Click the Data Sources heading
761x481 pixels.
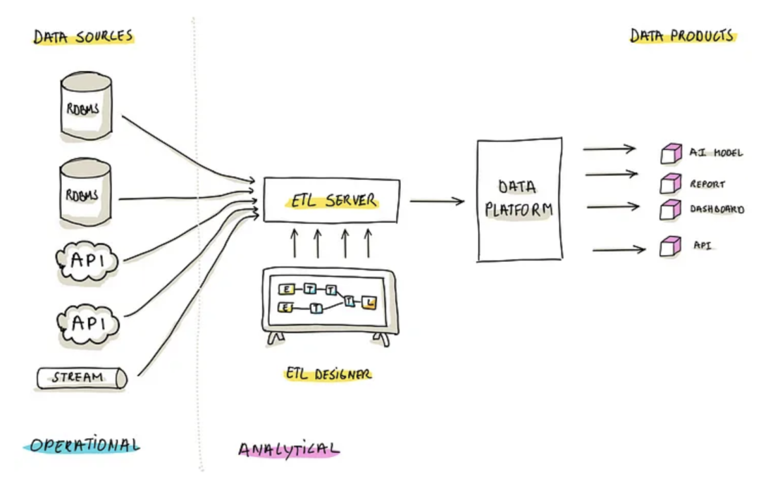[x=82, y=37]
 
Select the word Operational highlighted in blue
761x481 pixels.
[x=83, y=445]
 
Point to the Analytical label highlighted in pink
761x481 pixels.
[x=288, y=449]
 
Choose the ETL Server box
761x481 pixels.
[x=332, y=200]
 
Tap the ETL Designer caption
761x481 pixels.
[x=328, y=374]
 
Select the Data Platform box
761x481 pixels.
[x=519, y=199]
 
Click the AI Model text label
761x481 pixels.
[x=715, y=153]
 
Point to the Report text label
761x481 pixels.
[x=707, y=185]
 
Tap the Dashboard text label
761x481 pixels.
[x=716, y=209]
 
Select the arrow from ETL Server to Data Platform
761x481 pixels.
[x=437, y=201]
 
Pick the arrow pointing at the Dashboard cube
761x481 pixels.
[x=612, y=206]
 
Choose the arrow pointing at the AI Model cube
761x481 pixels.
[x=609, y=149]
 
